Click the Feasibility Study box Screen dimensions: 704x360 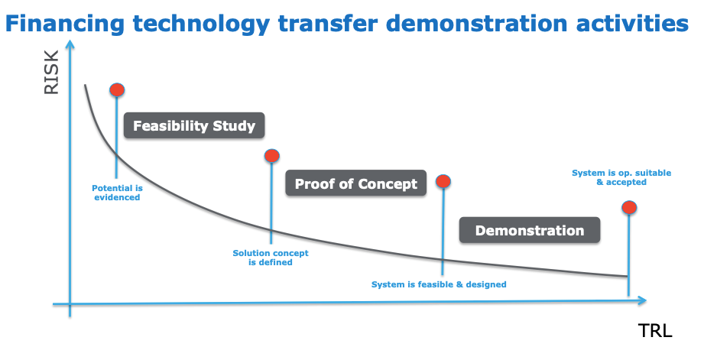click(194, 125)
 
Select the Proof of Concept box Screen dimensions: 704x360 click(355, 183)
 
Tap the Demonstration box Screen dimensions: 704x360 click(530, 230)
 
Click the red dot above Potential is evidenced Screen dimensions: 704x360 click(117, 89)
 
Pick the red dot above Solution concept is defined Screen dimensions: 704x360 click(271, 156)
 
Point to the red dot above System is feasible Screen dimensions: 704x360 click(443, 181)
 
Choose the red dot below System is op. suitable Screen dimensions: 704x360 click(629, 207)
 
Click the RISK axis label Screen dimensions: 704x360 click(51, 73)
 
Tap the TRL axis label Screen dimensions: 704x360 click(655, 331)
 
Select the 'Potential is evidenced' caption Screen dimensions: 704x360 click(117, 193)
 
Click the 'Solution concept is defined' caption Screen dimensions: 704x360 click(271, 258)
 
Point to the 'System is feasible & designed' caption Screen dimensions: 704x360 click(439, 284)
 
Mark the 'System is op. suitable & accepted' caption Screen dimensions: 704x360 click(621, 177)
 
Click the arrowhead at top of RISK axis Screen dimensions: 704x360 click(70, 45)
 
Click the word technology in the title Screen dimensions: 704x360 click(201, 24)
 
